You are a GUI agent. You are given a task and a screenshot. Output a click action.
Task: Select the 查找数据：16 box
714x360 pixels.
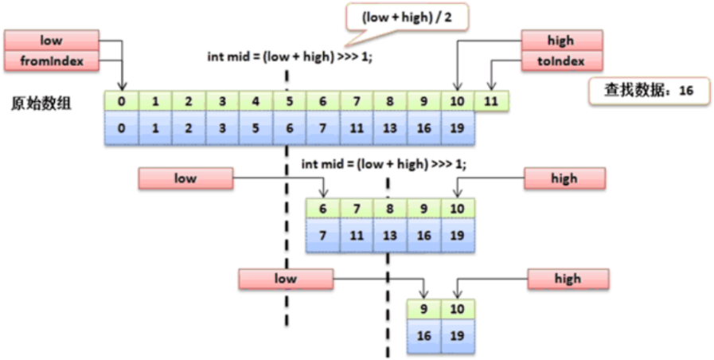coord(648,92)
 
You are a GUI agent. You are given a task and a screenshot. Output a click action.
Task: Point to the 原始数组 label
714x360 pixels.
coord(40,104)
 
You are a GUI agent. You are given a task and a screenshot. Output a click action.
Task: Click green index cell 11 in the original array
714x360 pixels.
coord(492,101)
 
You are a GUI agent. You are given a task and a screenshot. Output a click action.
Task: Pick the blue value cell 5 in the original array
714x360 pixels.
coord(256,128)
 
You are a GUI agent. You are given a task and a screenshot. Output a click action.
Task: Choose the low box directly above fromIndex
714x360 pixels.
coord(51,41)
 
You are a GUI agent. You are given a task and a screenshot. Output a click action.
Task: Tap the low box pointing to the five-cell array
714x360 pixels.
coord(185,178)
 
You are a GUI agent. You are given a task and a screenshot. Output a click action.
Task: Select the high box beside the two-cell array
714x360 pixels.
coord(568,279)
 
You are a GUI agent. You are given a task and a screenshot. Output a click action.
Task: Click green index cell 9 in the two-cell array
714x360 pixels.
coord(423,309)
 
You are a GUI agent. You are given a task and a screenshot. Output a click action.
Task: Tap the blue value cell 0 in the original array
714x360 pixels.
coord(122,128)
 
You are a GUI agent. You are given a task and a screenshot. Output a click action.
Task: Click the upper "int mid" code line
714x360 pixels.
coord(288,57)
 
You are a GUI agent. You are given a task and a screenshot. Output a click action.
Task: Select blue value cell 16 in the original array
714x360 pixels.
coord(424,128)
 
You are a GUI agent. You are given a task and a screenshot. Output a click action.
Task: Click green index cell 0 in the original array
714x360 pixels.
coord(122,101)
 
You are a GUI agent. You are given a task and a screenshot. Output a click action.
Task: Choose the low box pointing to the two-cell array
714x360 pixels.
coord(285,279)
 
